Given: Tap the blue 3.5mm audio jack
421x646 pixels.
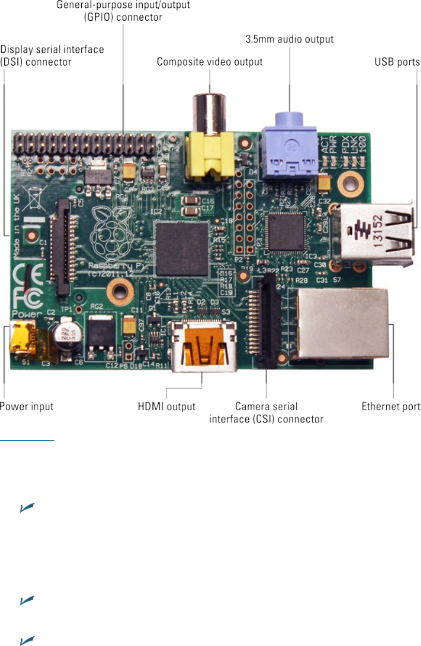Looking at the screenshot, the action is tap(289, 145).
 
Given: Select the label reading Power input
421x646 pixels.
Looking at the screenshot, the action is tap(27, 406).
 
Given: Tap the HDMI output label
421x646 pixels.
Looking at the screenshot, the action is tap(166, 406).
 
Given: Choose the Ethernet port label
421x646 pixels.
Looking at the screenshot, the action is tap(391, 406).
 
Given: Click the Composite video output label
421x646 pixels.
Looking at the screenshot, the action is tap(210, 62).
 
